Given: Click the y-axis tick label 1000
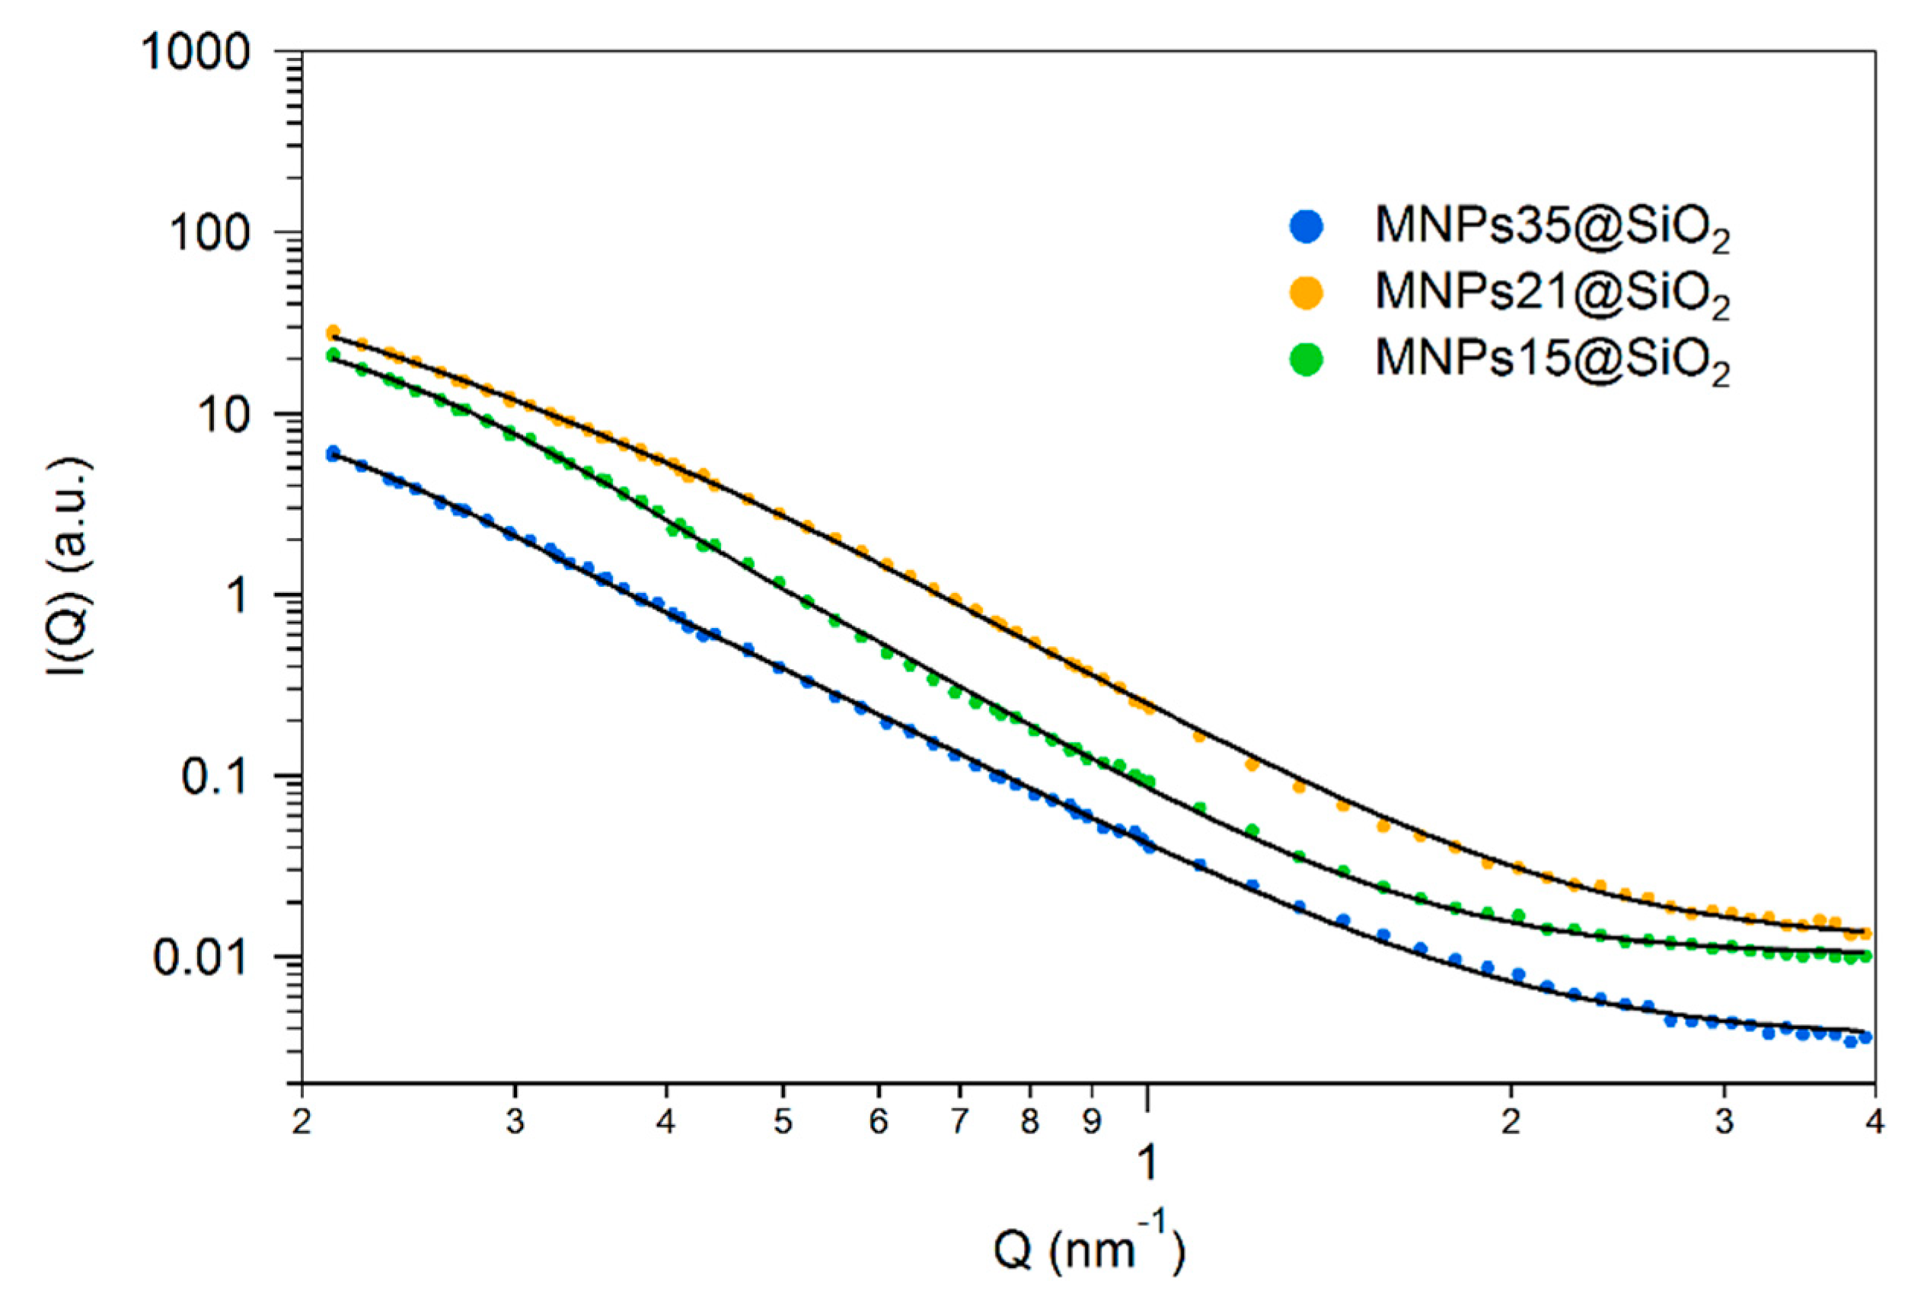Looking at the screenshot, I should (x=194, y=54).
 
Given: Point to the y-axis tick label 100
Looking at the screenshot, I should (x=209, y=234).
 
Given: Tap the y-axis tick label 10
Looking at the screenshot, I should (x=223, y=415).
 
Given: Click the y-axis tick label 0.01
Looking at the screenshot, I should (x=201, y=958).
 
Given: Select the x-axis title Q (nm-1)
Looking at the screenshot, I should (x=1089, y=1251).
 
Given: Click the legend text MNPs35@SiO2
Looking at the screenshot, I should (x=1552, y=227).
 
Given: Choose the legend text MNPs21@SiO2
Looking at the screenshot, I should (x=1552, y=294).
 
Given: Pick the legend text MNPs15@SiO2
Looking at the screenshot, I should (x=1552, y=360).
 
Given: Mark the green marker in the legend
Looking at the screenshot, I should (x=1306, y=359).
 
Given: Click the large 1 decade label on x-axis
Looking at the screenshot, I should (x=1148, y=1162).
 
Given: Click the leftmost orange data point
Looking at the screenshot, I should (x=333, y=333).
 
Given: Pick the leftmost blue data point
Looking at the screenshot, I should (x=333, y=453).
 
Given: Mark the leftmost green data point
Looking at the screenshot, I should (x=333, y=355).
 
